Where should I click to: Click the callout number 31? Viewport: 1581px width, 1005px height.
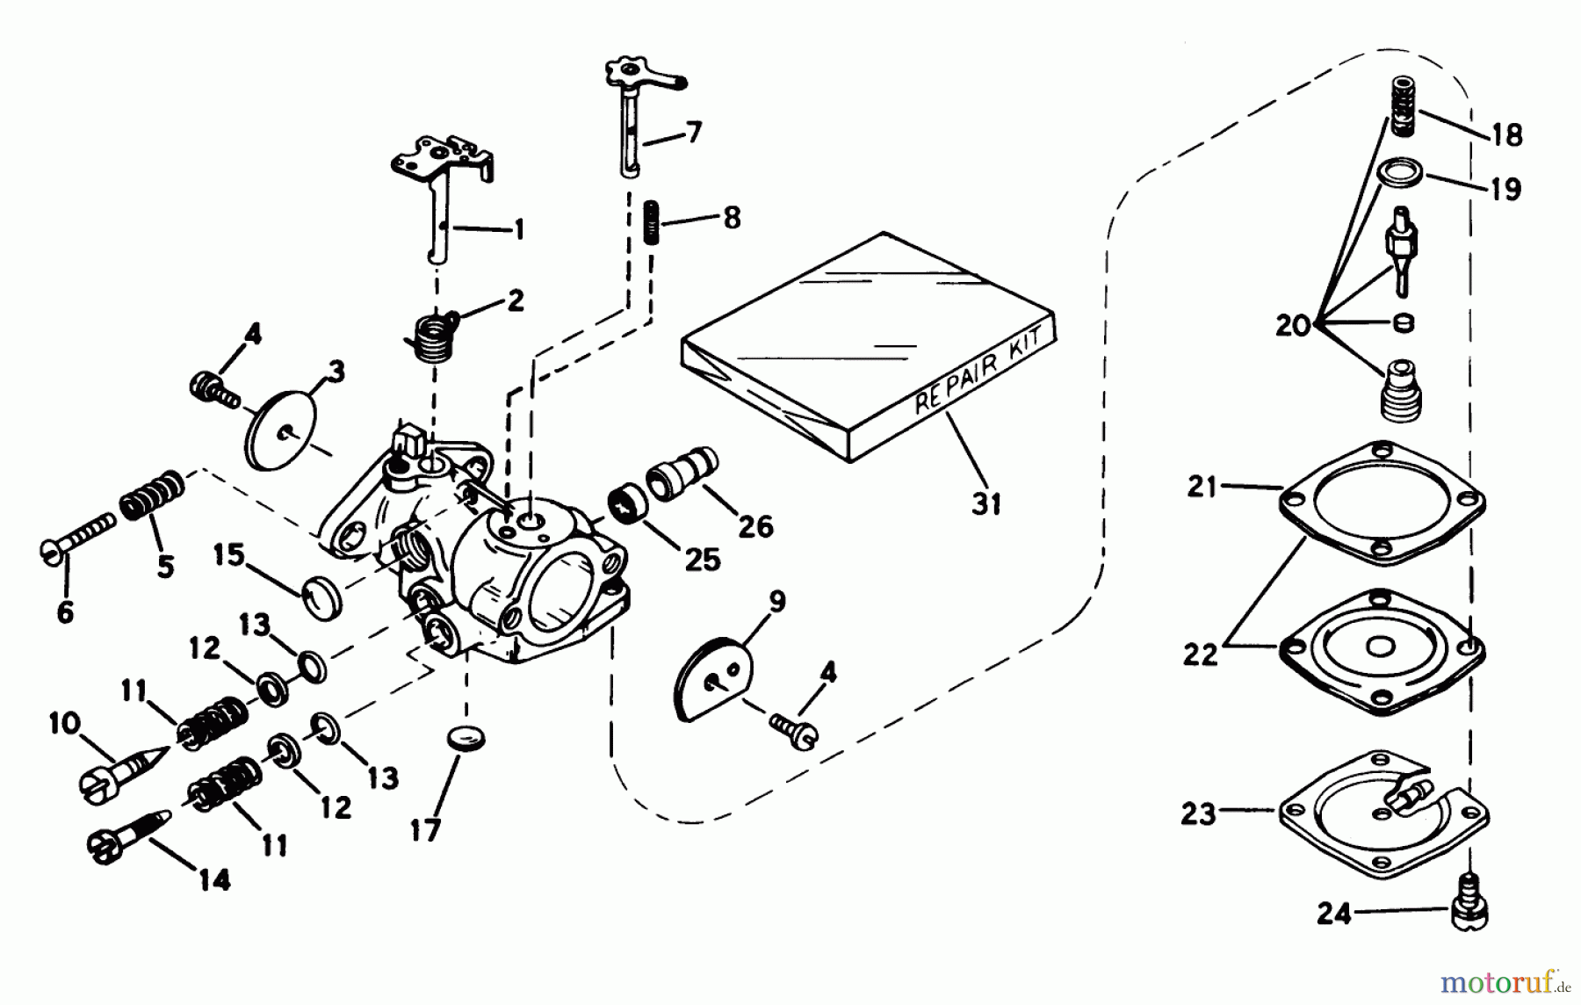[985, 503]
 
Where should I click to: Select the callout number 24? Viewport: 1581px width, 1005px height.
[1334, 915]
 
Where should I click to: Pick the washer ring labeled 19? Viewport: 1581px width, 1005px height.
[1401, 172]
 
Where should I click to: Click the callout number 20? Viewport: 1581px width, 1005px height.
[1292, 326]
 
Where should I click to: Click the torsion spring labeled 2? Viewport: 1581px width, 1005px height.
[432, 336]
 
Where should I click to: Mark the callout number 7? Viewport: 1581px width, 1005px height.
[694, 134]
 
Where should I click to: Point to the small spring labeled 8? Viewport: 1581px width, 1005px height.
[652, 222]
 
